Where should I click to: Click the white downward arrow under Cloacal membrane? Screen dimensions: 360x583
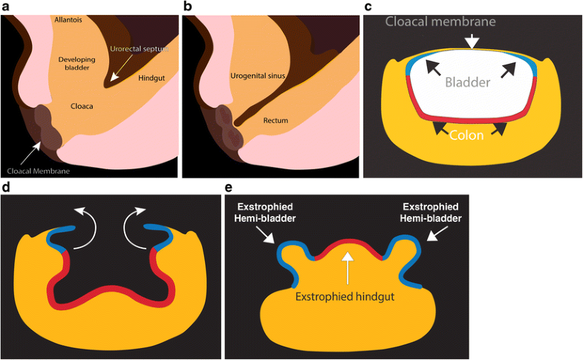point(470,43)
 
